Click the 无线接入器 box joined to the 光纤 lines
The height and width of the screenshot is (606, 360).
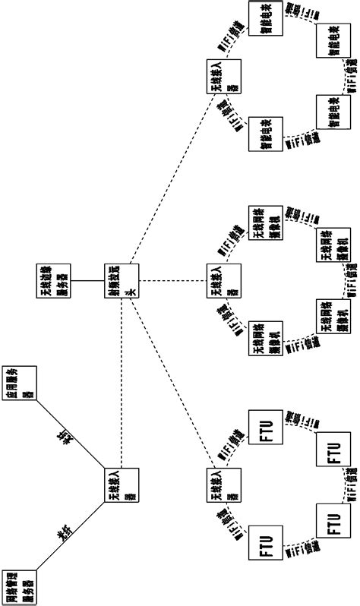click(122, 484)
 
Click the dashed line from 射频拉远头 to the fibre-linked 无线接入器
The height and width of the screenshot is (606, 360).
click(122, 380)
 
